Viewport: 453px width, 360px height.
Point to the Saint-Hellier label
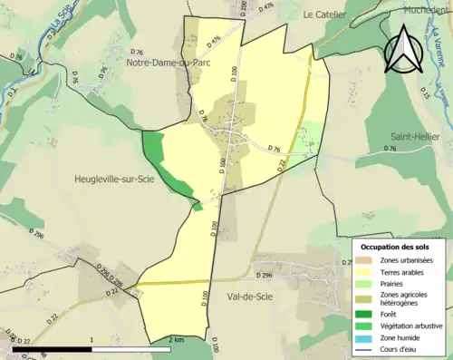coord(415,136)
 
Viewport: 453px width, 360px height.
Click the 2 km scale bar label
coord(176,339)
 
